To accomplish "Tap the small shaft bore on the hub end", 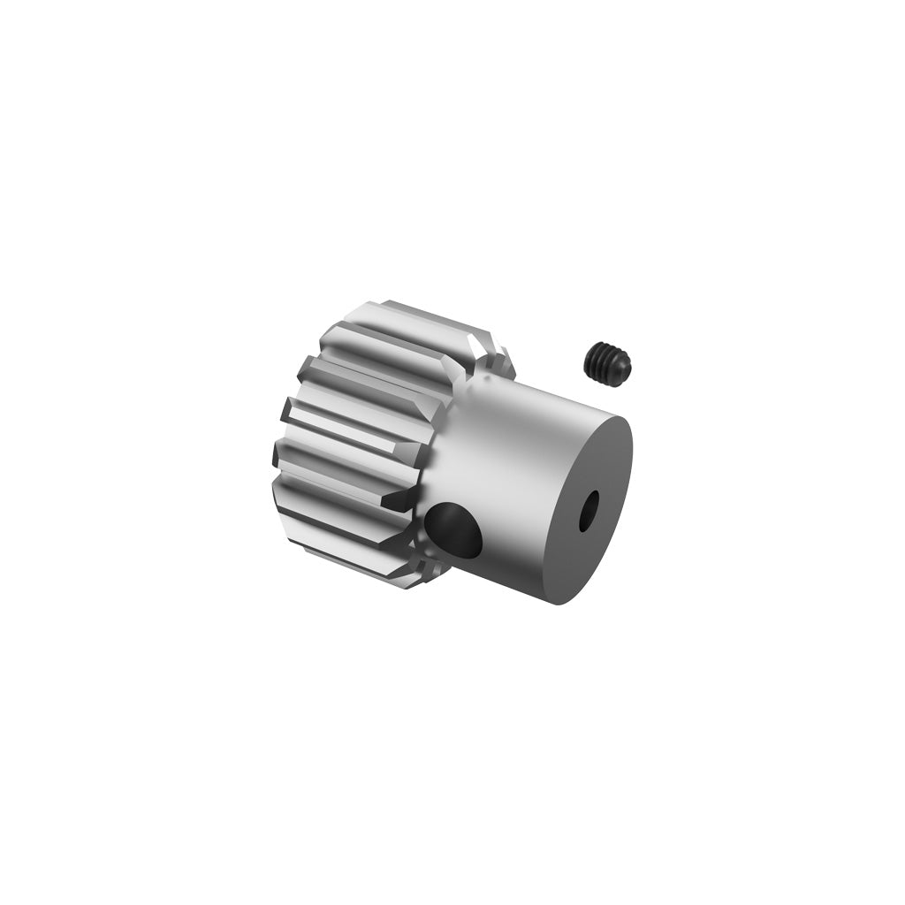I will (x=586, y=510).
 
